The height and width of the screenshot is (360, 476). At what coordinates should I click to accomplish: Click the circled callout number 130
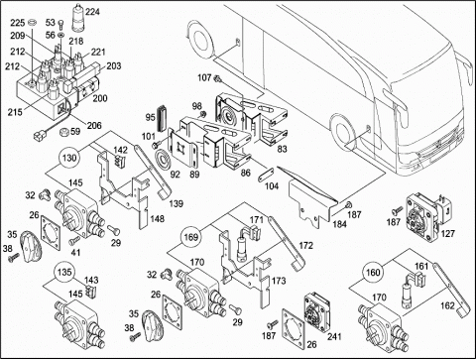(69, 158)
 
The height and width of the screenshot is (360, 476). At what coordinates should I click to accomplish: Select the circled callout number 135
(64, 272)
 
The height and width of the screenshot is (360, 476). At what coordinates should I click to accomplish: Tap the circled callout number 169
(191, 237)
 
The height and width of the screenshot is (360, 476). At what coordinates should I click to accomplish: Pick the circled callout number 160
(373, 273)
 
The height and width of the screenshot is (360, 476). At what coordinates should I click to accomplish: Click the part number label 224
(92, 12)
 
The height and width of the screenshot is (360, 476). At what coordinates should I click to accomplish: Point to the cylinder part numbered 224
(78, 18)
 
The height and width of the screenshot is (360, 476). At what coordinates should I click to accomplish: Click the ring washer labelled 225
(32, 23)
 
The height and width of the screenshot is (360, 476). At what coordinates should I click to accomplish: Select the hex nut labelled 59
(62, 132)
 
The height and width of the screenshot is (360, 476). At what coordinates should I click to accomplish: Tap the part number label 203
(113, 66)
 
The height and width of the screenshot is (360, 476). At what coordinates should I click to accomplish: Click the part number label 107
(204, 77)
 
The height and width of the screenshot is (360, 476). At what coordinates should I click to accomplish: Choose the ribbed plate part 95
(163, 118)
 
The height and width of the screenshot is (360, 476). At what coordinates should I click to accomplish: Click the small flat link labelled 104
(266, 174)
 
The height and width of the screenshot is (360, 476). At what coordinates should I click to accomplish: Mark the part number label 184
(339, 224)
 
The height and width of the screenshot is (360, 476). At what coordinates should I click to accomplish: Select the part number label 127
(448, 234)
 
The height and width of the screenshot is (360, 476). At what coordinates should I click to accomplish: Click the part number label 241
(334, 336)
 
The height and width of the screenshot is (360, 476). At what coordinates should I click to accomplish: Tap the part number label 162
(447, 305)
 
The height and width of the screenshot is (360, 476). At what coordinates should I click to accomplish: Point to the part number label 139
(176, 203)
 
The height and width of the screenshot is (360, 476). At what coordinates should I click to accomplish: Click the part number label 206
(94, 125)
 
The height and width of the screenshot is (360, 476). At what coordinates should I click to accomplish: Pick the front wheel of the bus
(342, 133)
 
